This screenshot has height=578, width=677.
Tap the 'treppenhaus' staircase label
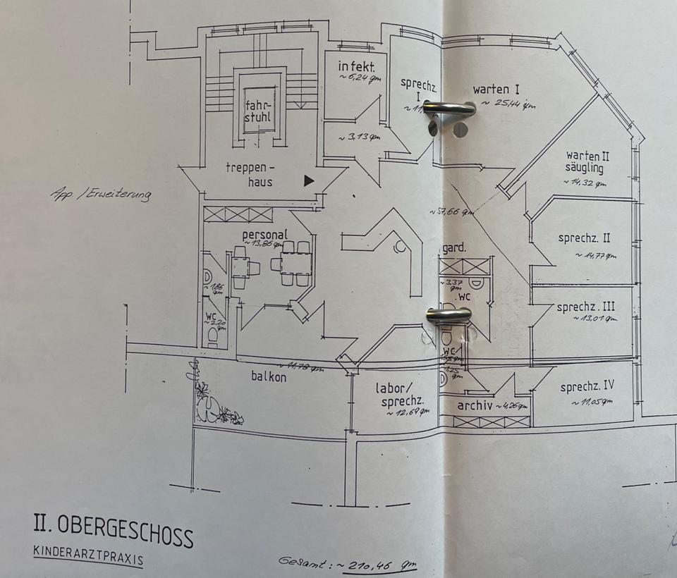(249, 174)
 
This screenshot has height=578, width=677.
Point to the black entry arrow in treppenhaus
(308, 180)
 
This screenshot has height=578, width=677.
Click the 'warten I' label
(496, 90)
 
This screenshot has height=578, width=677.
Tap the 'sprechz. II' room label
(584, 238)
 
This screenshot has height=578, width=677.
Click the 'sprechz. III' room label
(585, 307)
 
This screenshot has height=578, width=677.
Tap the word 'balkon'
(269, 376)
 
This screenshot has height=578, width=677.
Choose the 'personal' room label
(264, 235)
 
